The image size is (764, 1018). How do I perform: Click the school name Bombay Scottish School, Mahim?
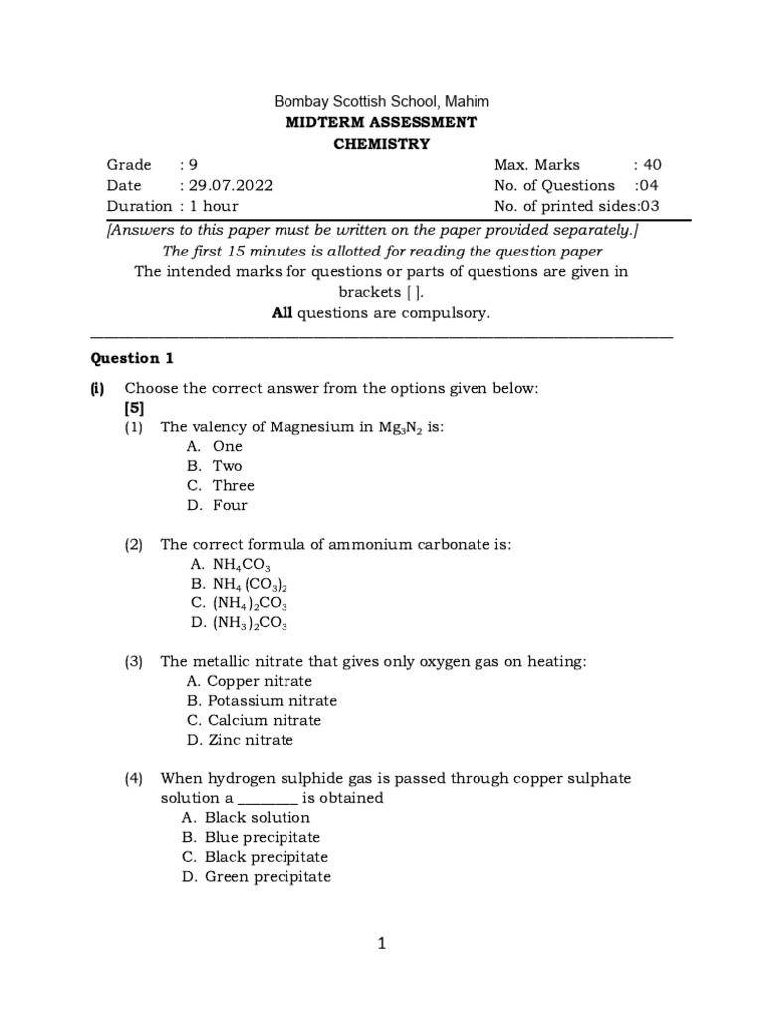[381, 102]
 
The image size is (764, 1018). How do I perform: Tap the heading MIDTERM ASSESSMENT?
[381, 122]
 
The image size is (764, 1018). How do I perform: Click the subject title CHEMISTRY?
[381, 143]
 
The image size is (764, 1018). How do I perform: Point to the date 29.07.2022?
[230, 185]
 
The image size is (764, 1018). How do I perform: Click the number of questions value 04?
[648, 185]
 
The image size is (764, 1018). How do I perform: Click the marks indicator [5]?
[135, 408]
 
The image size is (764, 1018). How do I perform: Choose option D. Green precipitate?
[257, 876]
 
